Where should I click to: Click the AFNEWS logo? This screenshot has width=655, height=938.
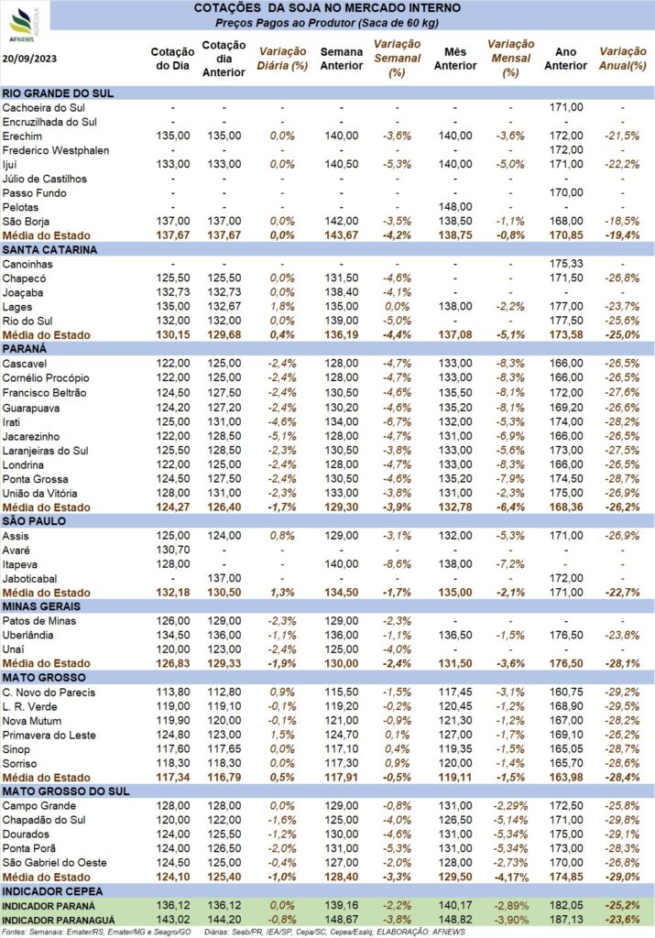pyautogui.click(x=24, y=25)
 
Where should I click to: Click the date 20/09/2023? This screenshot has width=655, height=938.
pyautogui.click(x=30, y=59)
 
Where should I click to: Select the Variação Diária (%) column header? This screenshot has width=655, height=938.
pyautogui.click(x=282, y=59)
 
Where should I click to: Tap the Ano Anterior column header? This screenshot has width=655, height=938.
pyautogui.click(x=566, y=59)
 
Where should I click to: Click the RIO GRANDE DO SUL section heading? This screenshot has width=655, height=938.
pyautogui.click(x=58, y=93)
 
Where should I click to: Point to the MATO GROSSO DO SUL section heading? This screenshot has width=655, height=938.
pyautogui.click(x=66, y=791)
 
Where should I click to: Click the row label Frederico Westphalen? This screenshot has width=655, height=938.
pyautogui.click(x=56, y=150)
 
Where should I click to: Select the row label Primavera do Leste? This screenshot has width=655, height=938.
pyautogui.click(x=49, y=736)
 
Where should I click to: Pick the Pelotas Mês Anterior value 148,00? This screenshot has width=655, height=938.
pyautogui.click(x=455, y=207)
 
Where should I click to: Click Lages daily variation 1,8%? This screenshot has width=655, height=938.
pyautogui.click(x=282, y=307)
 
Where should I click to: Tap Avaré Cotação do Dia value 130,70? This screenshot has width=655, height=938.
pyautogui.click(x=173, y=550)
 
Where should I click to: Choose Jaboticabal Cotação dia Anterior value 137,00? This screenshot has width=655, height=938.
pyautogui.click(x=224, y=579)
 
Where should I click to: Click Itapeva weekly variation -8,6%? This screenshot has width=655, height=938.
pyautogui.click(x=398, y=564)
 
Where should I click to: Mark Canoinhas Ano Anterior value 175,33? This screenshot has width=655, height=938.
pyautogui.click(x=566, y=264)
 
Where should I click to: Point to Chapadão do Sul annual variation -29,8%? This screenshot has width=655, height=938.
pyautogui.click(x=623, y=820)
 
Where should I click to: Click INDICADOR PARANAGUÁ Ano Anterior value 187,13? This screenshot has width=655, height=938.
pyautogui.click(x=566, y=921)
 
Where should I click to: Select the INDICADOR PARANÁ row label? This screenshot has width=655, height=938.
pyautogui.click(x=49, y=906)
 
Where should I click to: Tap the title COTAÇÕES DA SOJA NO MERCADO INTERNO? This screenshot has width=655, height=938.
pyautogui.click(x=327, y=8)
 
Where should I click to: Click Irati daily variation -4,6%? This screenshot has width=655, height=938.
pyautogui.click(x=282, y=421)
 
